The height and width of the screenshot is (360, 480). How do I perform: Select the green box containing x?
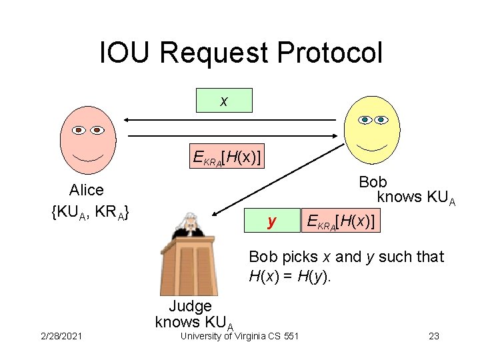pyautogui.click(x=224, y=101)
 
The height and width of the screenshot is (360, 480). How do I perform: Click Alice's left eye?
pyautogui.click(x=79, y=129)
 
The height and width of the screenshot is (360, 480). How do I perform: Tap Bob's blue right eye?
pyautogui.click(x=382, y=120)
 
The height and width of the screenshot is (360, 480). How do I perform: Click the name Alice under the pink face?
pyautogui.click(x=87, y=191)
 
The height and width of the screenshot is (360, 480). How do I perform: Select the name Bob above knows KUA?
pyautogui.click(x=373, y=182)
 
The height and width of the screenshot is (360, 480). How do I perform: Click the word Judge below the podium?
pyautogui.click(x=190, y=306)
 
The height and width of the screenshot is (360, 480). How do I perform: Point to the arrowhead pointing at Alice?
pyautogui.click(x=128, y=120)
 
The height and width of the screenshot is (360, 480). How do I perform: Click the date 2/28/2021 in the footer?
pyautogui.click(x=61, y=336)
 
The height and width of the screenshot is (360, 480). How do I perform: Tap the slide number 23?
pyautogui.click(x=434, y=336)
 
